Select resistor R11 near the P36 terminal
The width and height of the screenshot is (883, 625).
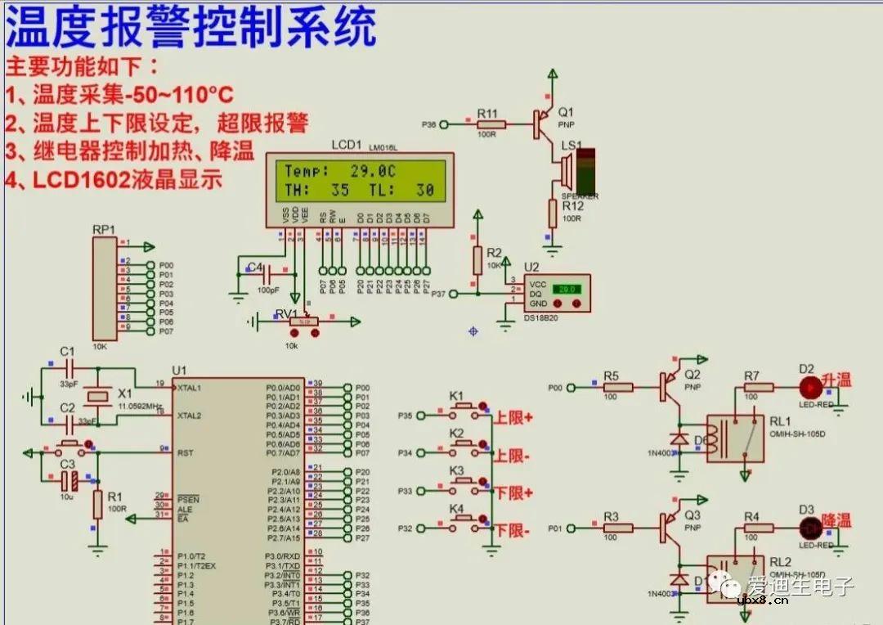coord(491,124)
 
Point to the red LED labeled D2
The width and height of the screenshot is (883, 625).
coord(809,387)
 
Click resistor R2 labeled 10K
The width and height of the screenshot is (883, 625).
coord(477,261)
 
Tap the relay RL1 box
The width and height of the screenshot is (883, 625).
coord(735,438)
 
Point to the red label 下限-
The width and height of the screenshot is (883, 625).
coord(513,531)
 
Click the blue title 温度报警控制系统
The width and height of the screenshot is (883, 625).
coord(191,28)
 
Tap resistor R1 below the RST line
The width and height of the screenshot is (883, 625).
coord(98,504)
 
